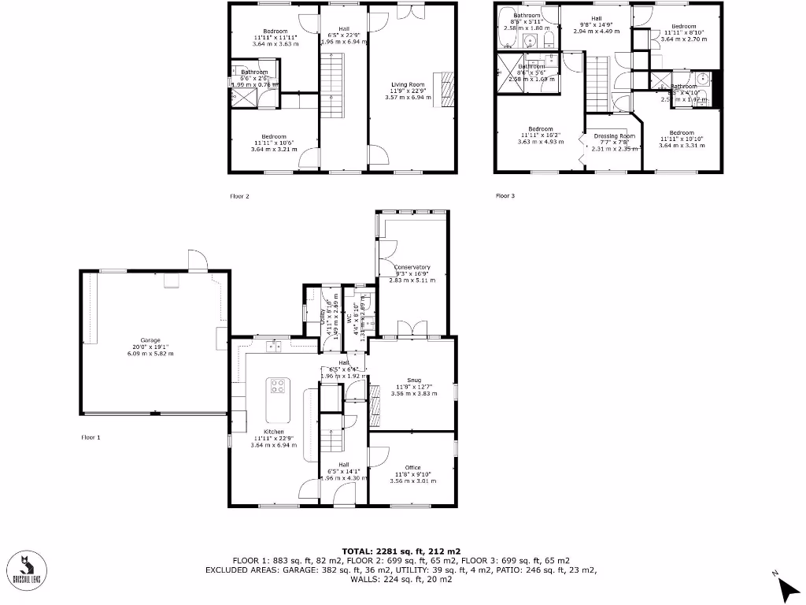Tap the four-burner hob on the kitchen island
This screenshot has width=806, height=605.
pos(278,386)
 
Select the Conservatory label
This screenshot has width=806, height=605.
pos(412,268)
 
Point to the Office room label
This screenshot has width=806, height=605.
pos(412,467)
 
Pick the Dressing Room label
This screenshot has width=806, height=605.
pos(614,136)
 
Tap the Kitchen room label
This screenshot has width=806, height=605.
pos(274,432)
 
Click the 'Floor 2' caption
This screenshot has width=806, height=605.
pos(239,196)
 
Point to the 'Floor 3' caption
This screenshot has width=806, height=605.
pos(505,196)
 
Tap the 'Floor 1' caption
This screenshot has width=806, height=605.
pos(91,436)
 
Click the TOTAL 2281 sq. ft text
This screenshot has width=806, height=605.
pos(401,551)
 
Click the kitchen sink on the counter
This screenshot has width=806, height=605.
pos(274,345)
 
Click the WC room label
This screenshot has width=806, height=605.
pos(350,319)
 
